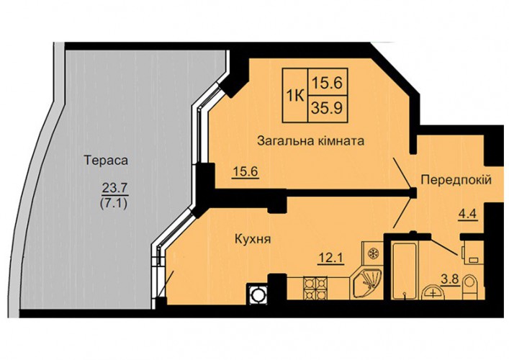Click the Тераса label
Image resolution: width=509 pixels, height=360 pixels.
click(x=106, y=161)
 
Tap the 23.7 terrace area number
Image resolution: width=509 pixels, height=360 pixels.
click(x=115, y=188)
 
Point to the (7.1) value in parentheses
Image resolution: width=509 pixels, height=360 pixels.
click(x=114, y=203)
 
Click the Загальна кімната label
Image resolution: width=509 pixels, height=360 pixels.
click(x=310, y=141)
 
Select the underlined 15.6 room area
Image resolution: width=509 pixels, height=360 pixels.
click(x=246, y=171)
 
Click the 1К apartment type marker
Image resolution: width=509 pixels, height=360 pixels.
click(x=294, y=96)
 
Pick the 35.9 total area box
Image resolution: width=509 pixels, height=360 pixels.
click(x=327, y=108)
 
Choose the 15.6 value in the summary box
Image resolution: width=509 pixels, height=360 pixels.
click(x=327, y=83)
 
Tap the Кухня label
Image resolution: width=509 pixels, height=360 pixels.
click(x=253, y=240)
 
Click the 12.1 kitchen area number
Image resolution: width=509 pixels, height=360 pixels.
click(x=330, y=258)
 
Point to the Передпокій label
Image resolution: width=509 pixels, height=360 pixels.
click(x=456, y=180)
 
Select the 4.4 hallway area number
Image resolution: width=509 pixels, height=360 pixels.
click(x=468, y=215)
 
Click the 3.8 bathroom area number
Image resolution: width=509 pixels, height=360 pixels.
click(x=450, y=279)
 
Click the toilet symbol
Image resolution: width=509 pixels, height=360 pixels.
click(x=469, y=287)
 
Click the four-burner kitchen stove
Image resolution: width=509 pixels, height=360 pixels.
click(x=314, y=287)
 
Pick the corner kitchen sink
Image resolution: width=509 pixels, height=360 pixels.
click(x=367, y=283)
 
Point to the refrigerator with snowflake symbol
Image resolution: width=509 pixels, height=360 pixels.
click(x=373, y=253)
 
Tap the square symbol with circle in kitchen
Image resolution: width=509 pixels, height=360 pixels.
click(x=257, y=294)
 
